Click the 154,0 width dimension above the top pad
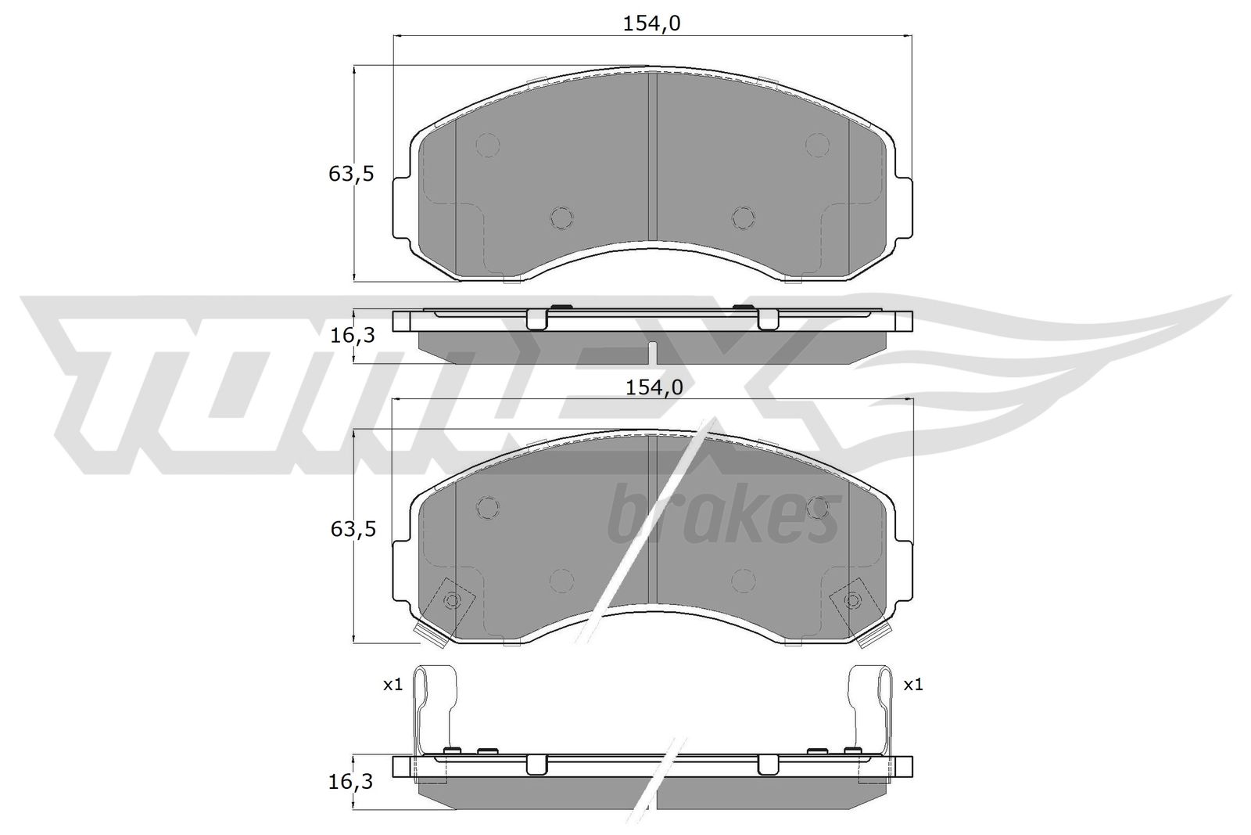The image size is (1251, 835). (x=652, y=23)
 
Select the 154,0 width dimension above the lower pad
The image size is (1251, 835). (x=654, y=387)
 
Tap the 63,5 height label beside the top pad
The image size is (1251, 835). (x=351, y=175)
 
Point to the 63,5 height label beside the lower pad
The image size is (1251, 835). (x=353, y=529)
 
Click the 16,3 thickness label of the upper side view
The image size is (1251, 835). (x=353, y=336)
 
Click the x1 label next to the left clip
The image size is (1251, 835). (x=393, y=685)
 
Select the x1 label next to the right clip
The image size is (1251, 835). (x=913, y=685)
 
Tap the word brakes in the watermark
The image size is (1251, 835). (x=723, y=515)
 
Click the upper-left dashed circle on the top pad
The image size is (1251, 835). (x=488, y=146)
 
